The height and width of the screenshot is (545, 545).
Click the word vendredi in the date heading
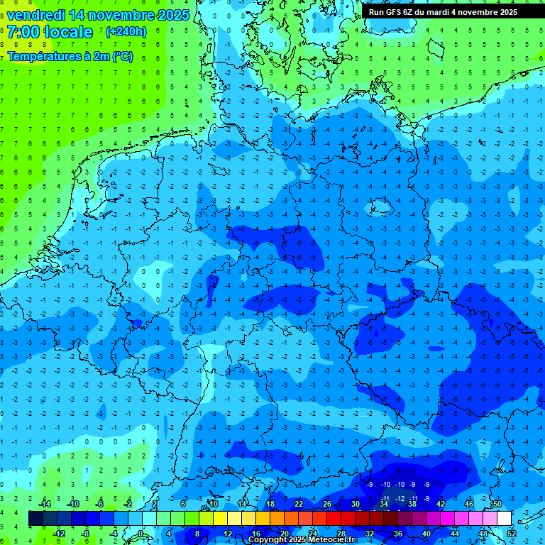tap(35, 15)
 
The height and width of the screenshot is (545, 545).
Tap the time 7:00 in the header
tap(23, 32)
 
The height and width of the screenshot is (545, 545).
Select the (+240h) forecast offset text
tap(126, 32)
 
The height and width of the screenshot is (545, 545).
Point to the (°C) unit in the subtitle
tap(121, 57)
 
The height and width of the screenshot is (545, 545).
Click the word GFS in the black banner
tap(395, 12)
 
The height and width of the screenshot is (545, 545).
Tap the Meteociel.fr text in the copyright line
tap(329, 540)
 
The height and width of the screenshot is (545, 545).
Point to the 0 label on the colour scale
tap(141, 534)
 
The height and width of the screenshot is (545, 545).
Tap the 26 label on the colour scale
tap(327, 504)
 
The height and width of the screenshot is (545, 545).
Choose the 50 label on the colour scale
tap(497, 504)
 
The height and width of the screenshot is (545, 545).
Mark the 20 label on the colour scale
tap(284, 534)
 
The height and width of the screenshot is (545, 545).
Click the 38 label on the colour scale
tap(412, 504)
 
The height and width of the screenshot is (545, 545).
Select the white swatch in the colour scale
tap(504, 519)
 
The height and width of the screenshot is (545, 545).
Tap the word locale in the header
tap(66, 32)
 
